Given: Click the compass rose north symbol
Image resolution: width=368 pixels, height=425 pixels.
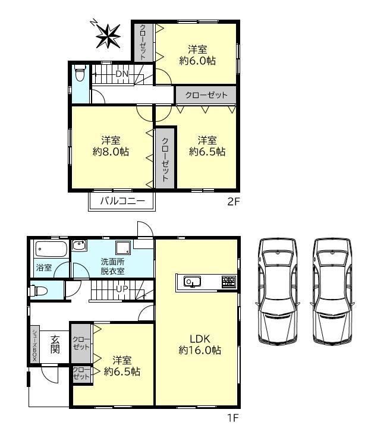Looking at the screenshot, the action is coord(108,35).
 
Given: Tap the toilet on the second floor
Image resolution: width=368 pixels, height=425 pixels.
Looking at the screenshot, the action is coord(80,73).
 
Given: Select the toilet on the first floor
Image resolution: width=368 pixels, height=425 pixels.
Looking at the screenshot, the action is coord(39,291).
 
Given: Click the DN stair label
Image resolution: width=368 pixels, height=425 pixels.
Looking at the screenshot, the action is coord(122,74).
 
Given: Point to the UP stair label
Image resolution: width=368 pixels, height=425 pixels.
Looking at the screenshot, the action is coord(122,289).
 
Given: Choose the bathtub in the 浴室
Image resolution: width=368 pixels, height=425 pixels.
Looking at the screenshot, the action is coord(51,249).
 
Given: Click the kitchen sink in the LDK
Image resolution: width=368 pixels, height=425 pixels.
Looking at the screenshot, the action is coord(192,281).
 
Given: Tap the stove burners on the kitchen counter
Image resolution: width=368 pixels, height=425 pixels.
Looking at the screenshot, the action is coord(229,282).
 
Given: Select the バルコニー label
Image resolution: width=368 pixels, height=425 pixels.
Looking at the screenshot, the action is coord(122,201).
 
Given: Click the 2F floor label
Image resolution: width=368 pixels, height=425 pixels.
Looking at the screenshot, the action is coord(234,202).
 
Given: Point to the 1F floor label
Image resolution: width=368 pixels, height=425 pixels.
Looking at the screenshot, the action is coord(233,418).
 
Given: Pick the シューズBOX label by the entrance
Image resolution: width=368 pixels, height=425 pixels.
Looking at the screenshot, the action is coord(34,345).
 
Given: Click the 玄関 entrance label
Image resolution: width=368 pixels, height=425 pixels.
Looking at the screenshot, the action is coord(55,344).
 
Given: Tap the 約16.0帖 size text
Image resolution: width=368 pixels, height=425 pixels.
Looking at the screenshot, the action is coord(200,350).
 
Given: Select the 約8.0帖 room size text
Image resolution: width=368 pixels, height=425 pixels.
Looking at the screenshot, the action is coord(111,152).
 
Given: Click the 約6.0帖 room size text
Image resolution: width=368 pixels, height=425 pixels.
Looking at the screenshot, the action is coord(197,61).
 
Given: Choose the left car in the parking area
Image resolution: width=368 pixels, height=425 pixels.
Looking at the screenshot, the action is coord(278,292).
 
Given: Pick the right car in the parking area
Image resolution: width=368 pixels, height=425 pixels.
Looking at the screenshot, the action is coord(333,292).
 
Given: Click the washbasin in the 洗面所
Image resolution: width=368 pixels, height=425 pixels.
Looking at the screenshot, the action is coord(79,246).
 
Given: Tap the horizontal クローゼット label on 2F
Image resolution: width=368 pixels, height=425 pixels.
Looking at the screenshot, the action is coord(206,95).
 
